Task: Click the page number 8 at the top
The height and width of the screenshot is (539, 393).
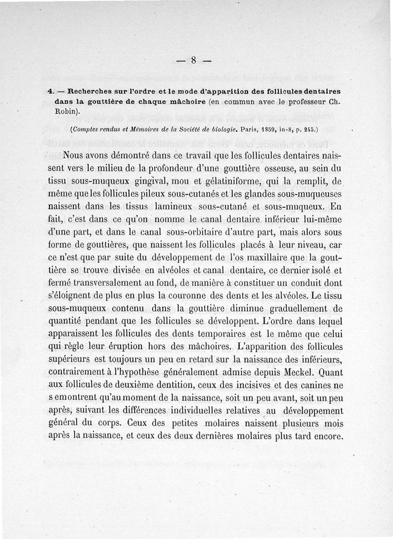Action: [194, 60]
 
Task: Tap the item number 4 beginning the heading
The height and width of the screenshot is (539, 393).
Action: [50, 91]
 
